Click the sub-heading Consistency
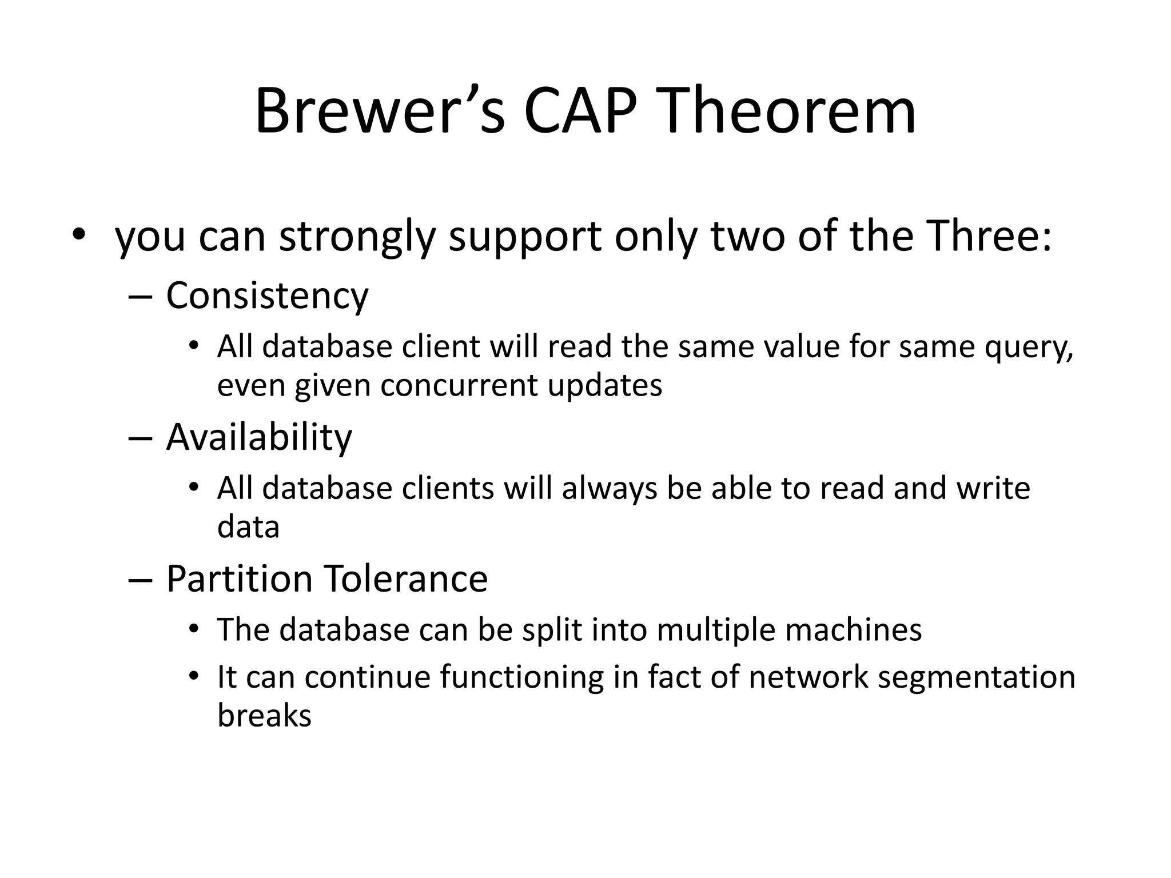267,296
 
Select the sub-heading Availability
259,437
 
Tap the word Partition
240,578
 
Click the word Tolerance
407,578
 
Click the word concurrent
459,385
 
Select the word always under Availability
610,489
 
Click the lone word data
248,526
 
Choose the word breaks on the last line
264,715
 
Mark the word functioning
521,678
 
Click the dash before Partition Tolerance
141,580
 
